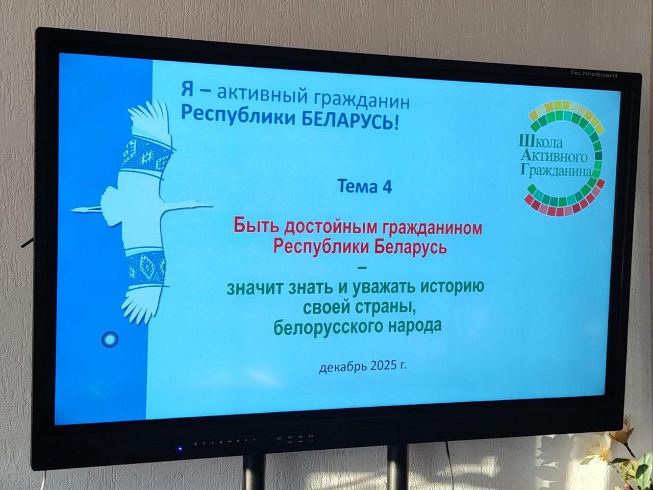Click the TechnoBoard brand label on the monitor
(x=593, y=75)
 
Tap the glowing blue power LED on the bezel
(x=180, y=448)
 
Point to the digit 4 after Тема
(x=386, y=187)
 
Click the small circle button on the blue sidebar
(x=110, y=339)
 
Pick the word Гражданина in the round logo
(x=556, y=170)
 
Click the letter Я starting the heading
(x=187, y=90)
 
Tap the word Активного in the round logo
(x=554, y=156)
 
